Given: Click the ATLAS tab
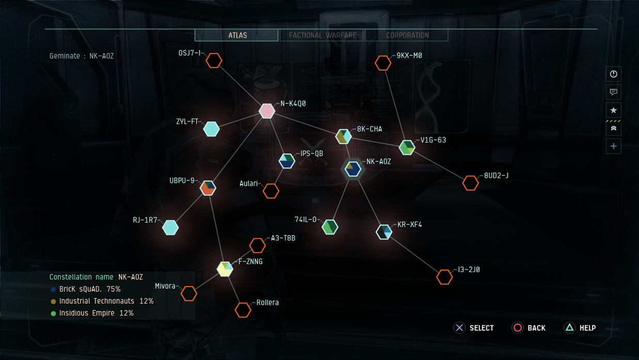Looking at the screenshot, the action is point(236,36).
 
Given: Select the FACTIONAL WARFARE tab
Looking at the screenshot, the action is point(322,36).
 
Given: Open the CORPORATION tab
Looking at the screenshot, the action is point(407,36).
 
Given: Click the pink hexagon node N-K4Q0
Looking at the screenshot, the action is point(267,111).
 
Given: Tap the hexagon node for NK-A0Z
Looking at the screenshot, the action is point(353,169).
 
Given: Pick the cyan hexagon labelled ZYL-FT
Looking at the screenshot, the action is point(212,129).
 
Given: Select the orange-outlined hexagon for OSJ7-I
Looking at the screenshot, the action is point(214,60).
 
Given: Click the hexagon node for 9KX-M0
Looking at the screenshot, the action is point(383,63).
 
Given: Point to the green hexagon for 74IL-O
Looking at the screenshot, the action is point(330,227).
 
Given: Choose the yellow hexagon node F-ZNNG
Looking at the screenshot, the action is point(225,269).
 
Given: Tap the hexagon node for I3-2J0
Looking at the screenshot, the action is point(444,277).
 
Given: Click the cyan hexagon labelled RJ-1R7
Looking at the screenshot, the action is point(170,228).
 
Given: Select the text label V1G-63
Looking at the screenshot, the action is point(433,140).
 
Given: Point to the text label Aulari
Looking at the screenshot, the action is point(248,183).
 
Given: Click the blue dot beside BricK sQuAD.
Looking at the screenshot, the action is point(53,289).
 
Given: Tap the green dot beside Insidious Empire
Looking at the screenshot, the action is point(53,314).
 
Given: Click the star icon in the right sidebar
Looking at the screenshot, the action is point(614,110).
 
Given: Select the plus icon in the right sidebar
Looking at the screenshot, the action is point(614,146).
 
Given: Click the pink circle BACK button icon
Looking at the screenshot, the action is point(518,328).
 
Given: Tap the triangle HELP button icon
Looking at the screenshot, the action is point(570,328).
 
